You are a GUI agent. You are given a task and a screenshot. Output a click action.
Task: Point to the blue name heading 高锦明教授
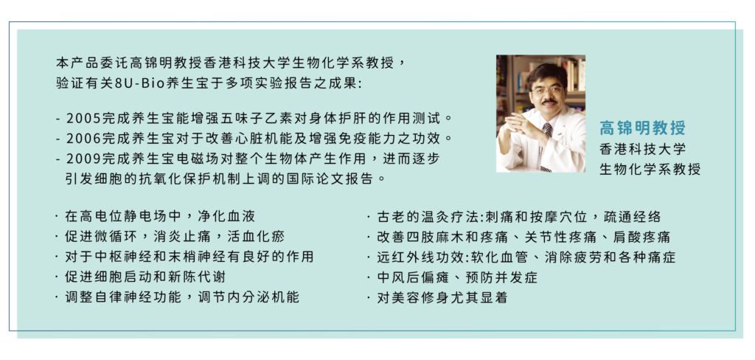point(642,128)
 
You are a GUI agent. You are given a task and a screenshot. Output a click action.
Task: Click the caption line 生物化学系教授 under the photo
point(650,169)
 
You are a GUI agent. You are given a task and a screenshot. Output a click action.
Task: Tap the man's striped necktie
point(546,145)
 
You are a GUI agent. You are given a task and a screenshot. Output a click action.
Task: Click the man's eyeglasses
point(547,90)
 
